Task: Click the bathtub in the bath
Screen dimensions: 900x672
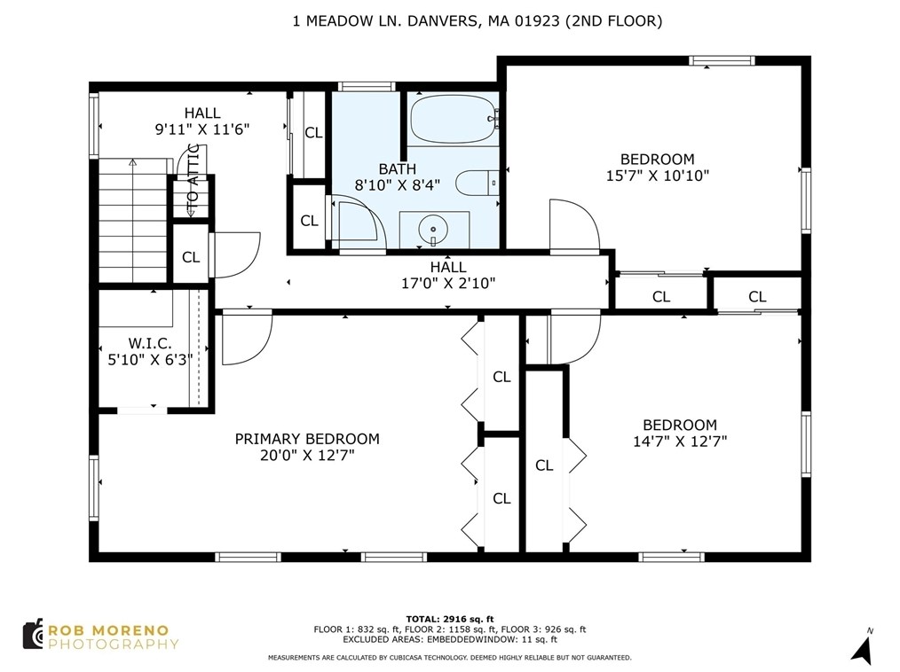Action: click(x=454, y=120)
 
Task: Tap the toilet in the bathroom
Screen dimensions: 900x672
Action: click(x=478, y=184)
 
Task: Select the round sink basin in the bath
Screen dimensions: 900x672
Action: click(x=433, y=230)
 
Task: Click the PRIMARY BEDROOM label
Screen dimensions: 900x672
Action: click(x=307, y=439)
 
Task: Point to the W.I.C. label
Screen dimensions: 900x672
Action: click(x=150, y=343)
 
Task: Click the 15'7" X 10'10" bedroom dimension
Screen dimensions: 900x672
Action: click(x=658, y=176)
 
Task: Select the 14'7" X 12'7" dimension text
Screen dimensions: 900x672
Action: click(x=680, y=441)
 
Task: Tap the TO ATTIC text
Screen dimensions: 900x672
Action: click(x=193, y=176)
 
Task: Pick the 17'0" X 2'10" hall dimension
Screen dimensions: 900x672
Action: click(x=448, y=283)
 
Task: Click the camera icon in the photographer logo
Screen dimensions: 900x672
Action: click(x=34, y=634)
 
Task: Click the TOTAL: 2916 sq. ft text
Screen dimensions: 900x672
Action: click(x=450, y=619)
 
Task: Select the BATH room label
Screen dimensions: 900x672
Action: click(x=398, y=169)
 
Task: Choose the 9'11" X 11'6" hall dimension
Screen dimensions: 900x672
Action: click(x=202, y=129)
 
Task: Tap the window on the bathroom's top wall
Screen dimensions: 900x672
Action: click(x=367, y=87)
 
